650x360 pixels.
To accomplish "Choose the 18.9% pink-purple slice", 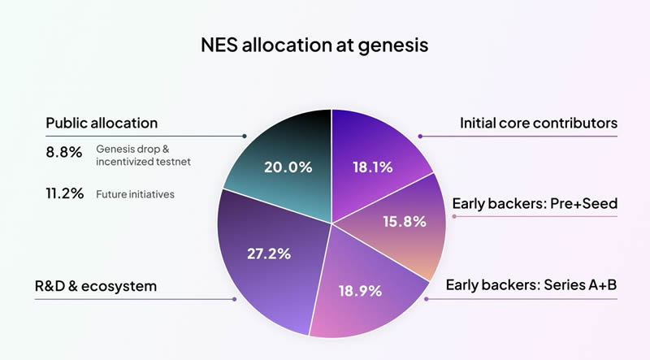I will coord(362,289).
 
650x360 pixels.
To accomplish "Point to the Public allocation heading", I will coord(102,123).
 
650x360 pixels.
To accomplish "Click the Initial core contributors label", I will coord(539,123).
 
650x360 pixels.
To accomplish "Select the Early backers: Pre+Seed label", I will coord(535,203).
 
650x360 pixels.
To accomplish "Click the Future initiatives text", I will coord(134,194).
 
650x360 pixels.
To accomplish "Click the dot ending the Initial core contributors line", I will coord(420,136).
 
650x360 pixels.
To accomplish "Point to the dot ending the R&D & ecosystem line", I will coord(235,298).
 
